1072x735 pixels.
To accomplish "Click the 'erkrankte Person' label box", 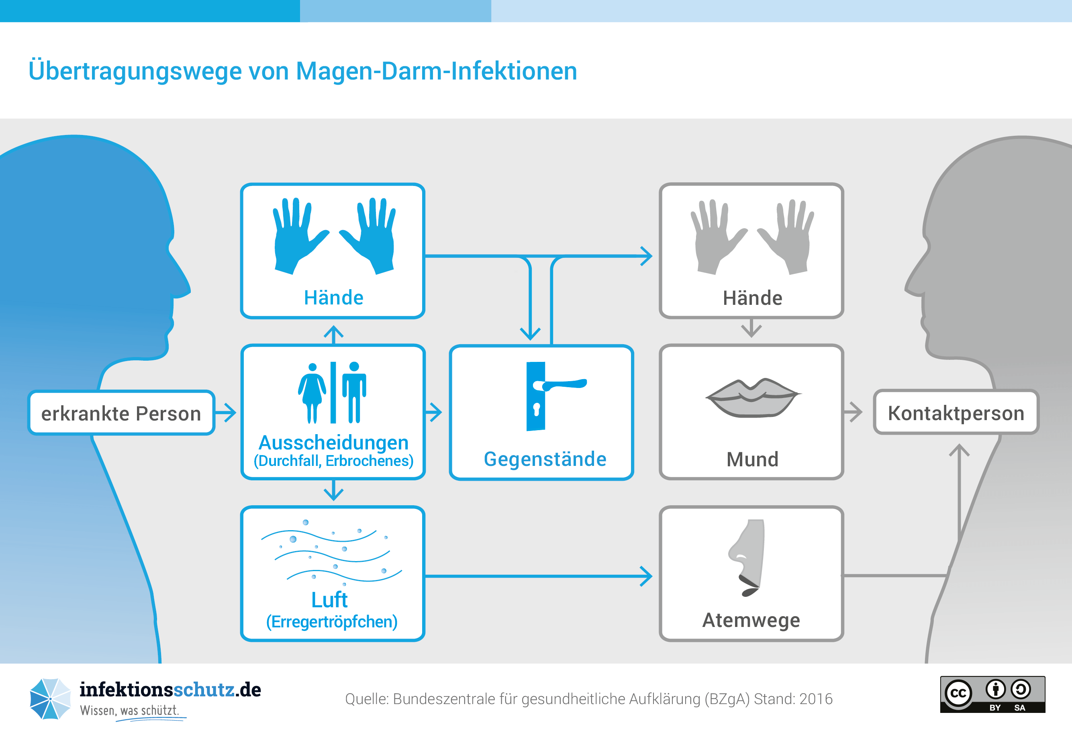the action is coord(121,412).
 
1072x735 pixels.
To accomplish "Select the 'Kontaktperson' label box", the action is coord(956,412).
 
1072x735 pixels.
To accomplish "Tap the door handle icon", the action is coord(555,396).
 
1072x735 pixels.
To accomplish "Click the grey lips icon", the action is coord(753,398).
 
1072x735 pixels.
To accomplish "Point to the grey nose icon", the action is coord(746,558).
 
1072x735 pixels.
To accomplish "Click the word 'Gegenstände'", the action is coord(545,459).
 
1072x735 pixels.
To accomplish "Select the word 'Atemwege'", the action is coord(751,620).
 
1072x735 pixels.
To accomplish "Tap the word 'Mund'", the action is coord(752,459).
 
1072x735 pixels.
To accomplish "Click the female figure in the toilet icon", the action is coord(312,393).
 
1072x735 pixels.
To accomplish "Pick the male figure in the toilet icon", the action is coord(354,392).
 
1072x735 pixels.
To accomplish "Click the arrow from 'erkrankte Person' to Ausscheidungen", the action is coord(226,412).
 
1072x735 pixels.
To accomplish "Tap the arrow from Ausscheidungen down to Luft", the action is coord(333,490).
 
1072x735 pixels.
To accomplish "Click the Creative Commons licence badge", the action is coord(992,694).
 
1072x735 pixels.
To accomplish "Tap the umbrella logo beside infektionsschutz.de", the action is coord(50,698).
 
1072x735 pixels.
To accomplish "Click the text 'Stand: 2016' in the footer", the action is coord(793,699).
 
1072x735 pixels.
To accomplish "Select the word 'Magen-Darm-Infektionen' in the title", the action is coord(436,71).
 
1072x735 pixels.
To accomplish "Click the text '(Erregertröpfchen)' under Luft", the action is coord(332,621).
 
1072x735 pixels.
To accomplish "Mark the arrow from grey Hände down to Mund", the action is coord(751,328).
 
